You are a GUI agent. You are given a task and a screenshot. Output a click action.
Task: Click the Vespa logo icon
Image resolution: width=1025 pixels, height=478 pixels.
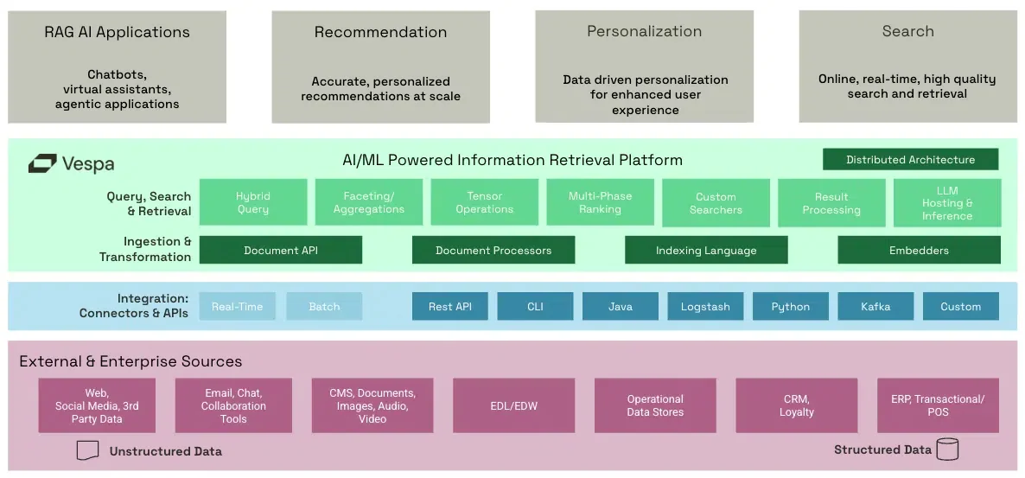coord(42,163)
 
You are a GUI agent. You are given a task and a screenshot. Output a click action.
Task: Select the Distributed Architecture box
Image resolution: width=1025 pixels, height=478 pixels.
coord(910,160)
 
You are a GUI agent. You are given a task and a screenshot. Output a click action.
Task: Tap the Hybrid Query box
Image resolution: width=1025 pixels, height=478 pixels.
coord(253,202)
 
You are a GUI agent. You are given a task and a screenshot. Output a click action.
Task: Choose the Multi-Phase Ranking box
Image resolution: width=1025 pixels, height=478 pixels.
coord(600,202)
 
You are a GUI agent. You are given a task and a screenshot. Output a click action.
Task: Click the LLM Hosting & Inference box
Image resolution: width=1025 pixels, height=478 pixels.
coord(947,203)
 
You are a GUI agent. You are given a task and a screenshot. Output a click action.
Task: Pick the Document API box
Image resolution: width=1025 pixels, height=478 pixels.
coord(281,251)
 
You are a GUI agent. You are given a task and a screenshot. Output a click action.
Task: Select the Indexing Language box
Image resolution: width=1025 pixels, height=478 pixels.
coord(706,251)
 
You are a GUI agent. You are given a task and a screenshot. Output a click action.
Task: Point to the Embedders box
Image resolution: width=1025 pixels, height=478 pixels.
coord(919,251)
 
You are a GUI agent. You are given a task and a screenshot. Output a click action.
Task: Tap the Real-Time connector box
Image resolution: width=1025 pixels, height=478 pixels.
coord(237,307)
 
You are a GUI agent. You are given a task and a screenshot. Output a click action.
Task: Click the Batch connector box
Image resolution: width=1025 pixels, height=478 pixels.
coord(324,307)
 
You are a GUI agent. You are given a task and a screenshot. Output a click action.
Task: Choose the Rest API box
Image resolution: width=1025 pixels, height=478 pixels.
coord(450,307)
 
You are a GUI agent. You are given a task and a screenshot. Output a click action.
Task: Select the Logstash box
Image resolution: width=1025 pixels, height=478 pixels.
coord(705,307)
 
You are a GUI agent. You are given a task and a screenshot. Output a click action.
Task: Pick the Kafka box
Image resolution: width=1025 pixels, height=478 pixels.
coord(875,307)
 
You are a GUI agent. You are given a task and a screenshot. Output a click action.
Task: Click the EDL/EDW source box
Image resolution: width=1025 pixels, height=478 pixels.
coord(513,405)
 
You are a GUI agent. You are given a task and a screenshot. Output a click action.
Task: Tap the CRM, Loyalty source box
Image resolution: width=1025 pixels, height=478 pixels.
coord(796,405)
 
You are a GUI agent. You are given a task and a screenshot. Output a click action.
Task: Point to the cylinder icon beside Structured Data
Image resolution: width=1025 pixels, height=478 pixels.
coord(947,449)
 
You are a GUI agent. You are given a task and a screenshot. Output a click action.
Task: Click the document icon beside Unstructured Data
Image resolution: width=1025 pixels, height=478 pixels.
coord(87,450)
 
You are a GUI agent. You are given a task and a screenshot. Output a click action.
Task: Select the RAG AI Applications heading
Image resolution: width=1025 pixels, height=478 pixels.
coord(117,33)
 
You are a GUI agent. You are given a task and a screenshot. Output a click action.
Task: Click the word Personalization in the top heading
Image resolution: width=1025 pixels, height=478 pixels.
coord(644,32)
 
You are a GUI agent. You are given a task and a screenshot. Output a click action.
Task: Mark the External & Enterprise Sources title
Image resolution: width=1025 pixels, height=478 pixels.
coord(131,361)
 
